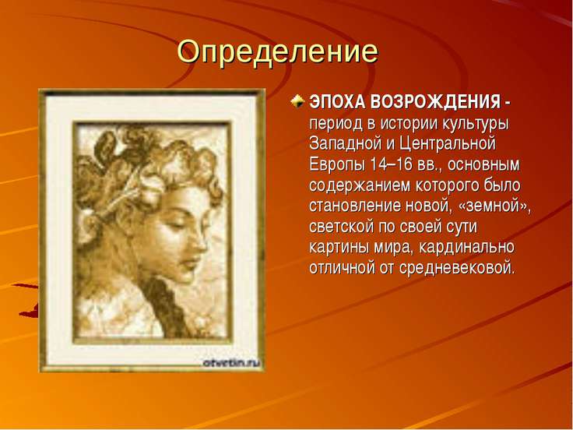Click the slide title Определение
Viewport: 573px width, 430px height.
pyautogui.click(x=277, y=52)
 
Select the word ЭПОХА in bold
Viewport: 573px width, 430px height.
pyautogui.click(x=338, y=103)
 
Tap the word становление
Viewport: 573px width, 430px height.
pyautogui.click(x=357, y=206)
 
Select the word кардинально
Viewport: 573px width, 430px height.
pyautogui.click(x=465, y=248)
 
